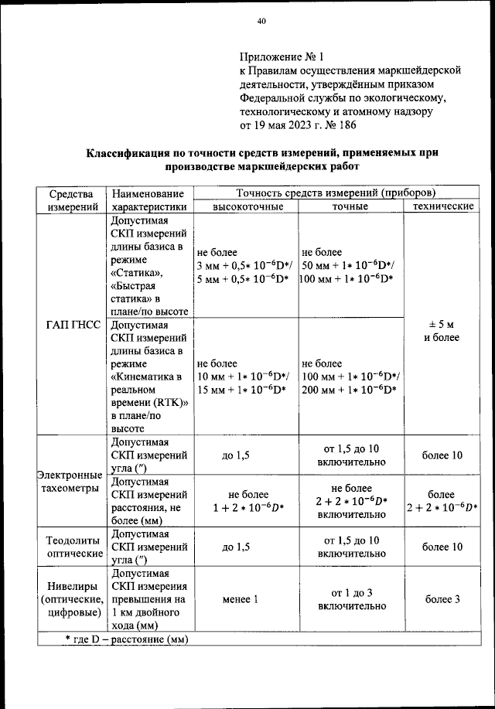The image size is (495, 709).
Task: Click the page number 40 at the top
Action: (x=261, y=22)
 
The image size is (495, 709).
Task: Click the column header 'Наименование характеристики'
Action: (x=148, y=199)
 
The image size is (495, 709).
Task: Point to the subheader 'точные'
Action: (x=350, y=207)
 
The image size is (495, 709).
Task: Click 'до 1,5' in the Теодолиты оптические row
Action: (x=236, y=547)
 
